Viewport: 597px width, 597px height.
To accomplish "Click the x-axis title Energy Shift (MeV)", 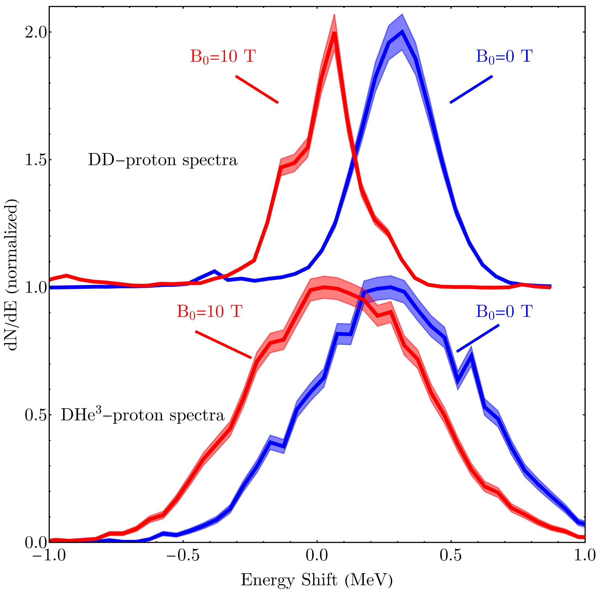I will click(x=316, y=580).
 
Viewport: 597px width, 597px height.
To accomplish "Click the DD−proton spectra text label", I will click(x=163, y=160).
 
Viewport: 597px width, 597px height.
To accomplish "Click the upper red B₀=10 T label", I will click(x=223, y=57).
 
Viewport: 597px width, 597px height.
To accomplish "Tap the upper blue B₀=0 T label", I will click(x=504, y=57).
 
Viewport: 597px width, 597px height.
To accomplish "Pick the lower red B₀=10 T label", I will click(x=209, y=311).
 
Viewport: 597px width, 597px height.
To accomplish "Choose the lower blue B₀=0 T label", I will click(x=504, y=311).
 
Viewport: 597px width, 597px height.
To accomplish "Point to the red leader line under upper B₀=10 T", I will click(x=257, y=89).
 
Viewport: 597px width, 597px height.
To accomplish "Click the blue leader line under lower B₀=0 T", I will click(x=478, y=338).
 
